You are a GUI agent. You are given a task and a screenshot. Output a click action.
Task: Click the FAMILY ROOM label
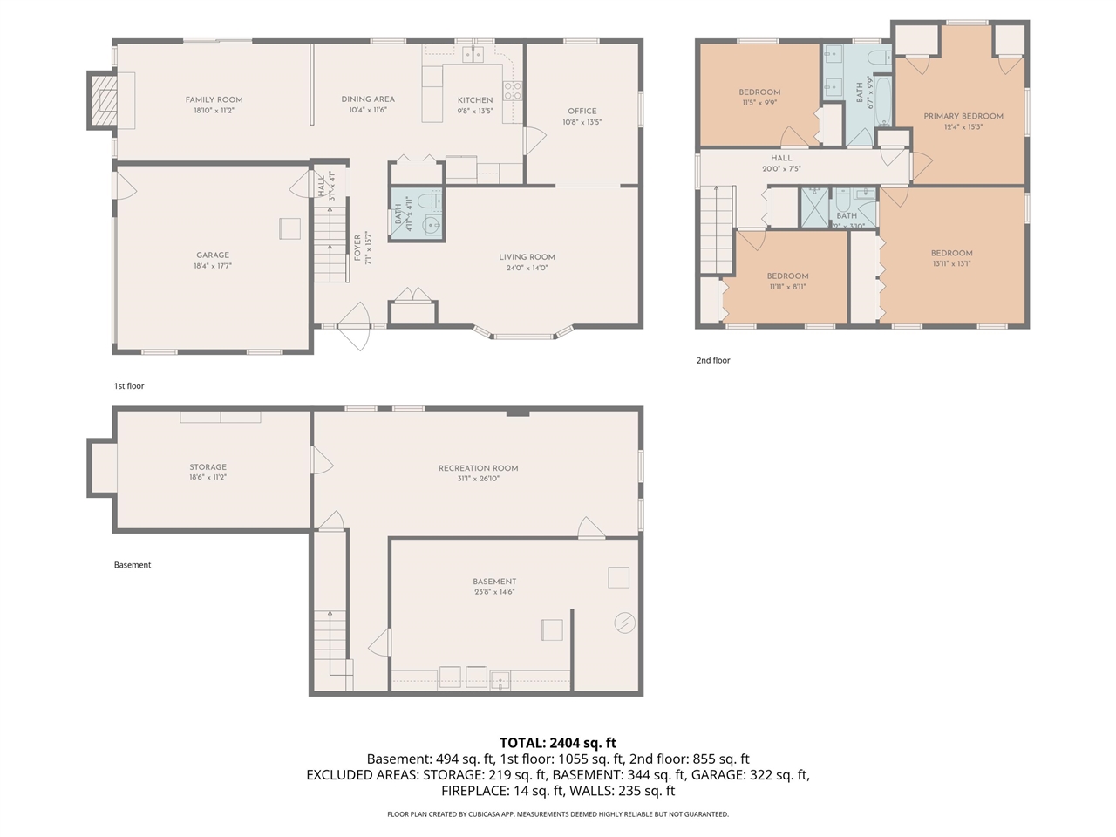click(214, 99)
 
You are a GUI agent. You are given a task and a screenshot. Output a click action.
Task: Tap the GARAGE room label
click(213, 255)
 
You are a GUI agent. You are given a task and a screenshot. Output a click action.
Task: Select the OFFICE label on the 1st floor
click(582, 111)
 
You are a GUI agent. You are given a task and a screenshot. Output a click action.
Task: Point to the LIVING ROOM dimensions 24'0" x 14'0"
click(527, 268)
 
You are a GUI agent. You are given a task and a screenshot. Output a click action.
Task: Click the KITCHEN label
click(475, 100)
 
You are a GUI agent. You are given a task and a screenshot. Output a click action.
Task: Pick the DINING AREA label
click(368, 99)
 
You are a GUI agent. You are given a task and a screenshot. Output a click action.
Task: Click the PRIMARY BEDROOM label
click(963, 116)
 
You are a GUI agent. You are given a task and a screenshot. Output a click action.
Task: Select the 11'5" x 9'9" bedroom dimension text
click(759, 103)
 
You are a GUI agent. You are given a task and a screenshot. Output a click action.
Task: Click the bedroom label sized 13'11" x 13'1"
click(951, 253)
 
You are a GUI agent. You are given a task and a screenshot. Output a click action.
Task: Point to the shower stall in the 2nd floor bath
click(815, 208)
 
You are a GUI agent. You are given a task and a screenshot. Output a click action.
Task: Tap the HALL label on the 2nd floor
click(781, 158)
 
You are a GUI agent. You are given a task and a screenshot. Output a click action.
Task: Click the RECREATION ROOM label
click(478, 468)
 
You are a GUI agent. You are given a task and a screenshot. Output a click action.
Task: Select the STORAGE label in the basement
click(208, 467)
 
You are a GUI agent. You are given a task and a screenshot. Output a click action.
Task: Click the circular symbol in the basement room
click(624, 623)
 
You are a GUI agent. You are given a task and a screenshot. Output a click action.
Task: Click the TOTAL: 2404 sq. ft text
click(558, 743)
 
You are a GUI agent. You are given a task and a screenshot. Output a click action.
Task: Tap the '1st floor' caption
click(129, 385)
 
